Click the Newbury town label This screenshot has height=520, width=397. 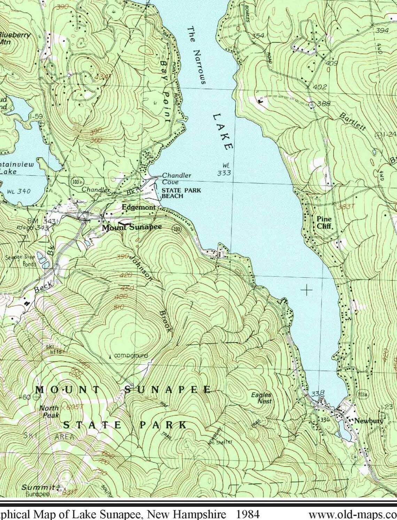[368, 421]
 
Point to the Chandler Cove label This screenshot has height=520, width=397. [176, 179]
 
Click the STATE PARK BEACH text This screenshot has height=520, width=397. [181, 193]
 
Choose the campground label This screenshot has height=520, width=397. [131, 356]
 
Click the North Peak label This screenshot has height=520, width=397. [49, 412]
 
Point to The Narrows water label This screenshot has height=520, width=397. [196, 55]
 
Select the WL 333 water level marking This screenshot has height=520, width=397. [224, 169]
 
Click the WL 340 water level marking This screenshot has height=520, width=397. [18, 191]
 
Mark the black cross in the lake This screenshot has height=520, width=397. [306, 289]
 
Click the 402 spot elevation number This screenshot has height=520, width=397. [320, 87]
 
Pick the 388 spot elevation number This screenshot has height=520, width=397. [324, 103]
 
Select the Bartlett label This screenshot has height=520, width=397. [352, 122]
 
